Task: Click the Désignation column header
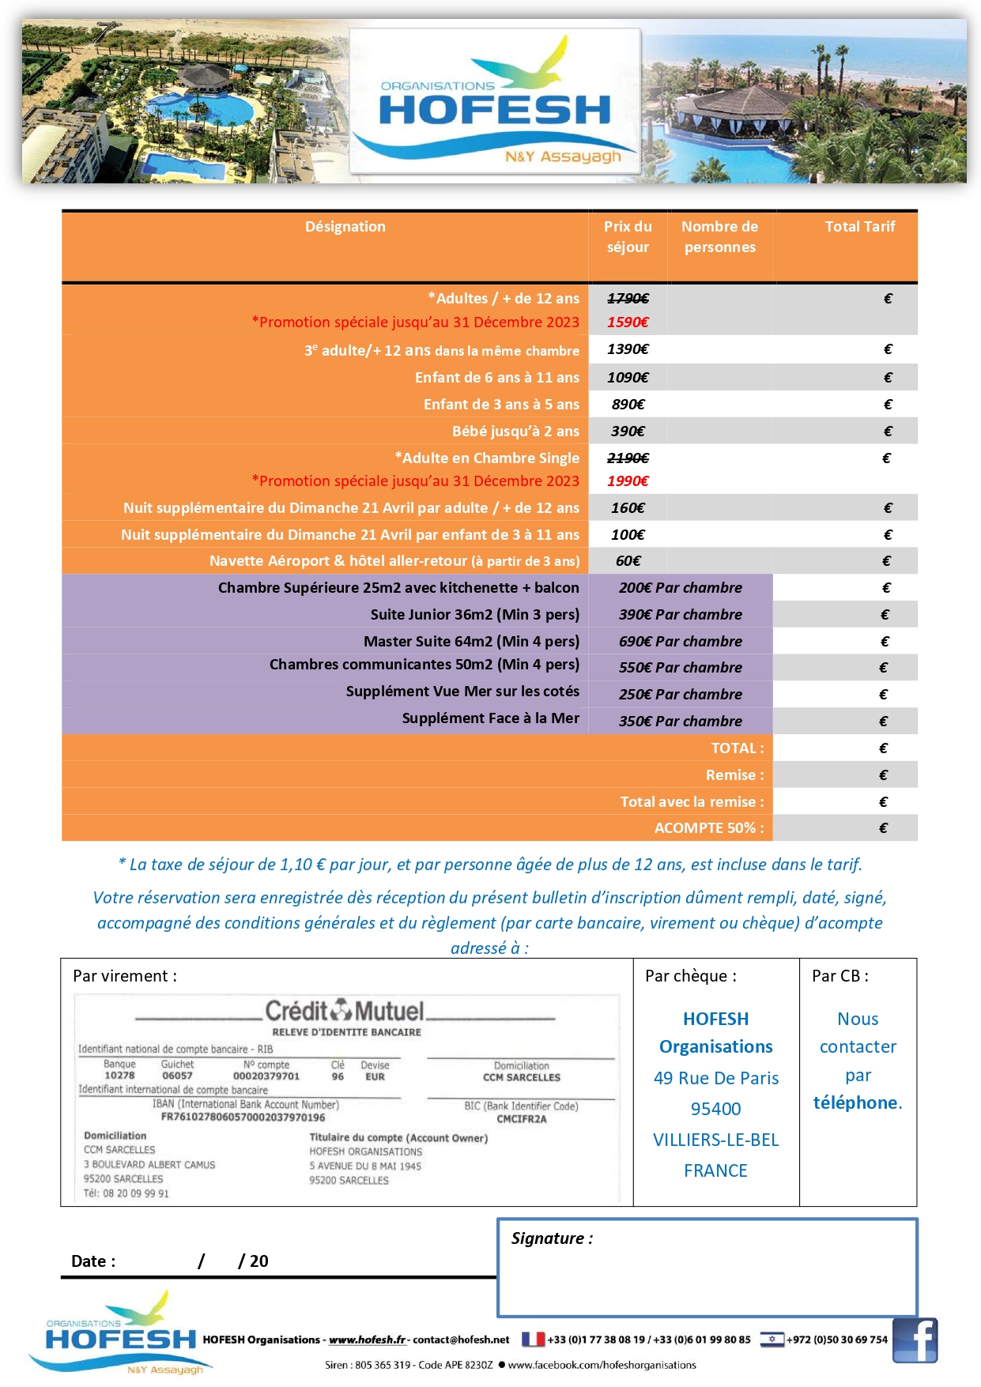345,227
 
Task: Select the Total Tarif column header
859,227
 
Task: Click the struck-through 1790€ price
628,299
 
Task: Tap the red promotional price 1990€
628,481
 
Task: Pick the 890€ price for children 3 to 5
628,405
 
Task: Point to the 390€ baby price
628,432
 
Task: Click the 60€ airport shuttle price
628,561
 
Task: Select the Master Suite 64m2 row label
471,641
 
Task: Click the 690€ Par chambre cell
680,642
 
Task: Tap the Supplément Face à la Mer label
490,718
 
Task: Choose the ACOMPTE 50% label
709,828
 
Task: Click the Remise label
735,775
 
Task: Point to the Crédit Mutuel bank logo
345,1011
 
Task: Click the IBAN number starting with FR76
243,1118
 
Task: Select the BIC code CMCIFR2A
522,1119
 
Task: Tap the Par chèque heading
691,976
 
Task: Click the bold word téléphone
855,1103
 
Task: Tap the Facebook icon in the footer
915,1340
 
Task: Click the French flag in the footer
533,1340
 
